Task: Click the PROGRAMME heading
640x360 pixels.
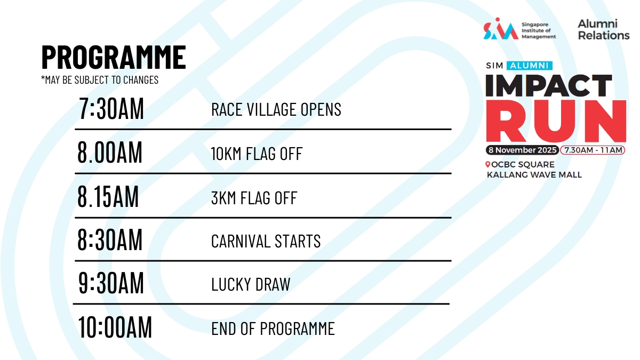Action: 114,57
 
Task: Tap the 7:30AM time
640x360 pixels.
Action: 111,108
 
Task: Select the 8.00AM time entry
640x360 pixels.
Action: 110,153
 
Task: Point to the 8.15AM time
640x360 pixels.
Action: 108,196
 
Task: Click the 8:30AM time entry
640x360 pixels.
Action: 110,239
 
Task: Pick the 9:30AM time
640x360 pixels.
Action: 111,283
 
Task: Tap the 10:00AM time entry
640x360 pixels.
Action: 115,327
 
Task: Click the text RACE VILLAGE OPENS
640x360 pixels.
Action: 276,109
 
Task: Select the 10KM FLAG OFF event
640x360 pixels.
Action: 257,154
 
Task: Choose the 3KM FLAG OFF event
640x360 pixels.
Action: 254,198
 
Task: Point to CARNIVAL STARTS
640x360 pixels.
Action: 266,241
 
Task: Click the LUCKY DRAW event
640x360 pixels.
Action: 251,284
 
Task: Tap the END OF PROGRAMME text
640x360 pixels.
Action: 273,329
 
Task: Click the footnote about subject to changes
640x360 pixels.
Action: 100,80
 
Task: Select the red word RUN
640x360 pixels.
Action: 556,121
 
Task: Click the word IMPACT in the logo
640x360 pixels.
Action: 549,85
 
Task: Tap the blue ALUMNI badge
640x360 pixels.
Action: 530,66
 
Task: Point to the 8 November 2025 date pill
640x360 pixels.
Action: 523,150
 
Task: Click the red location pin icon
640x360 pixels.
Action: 488,164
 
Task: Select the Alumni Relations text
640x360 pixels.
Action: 604,30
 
